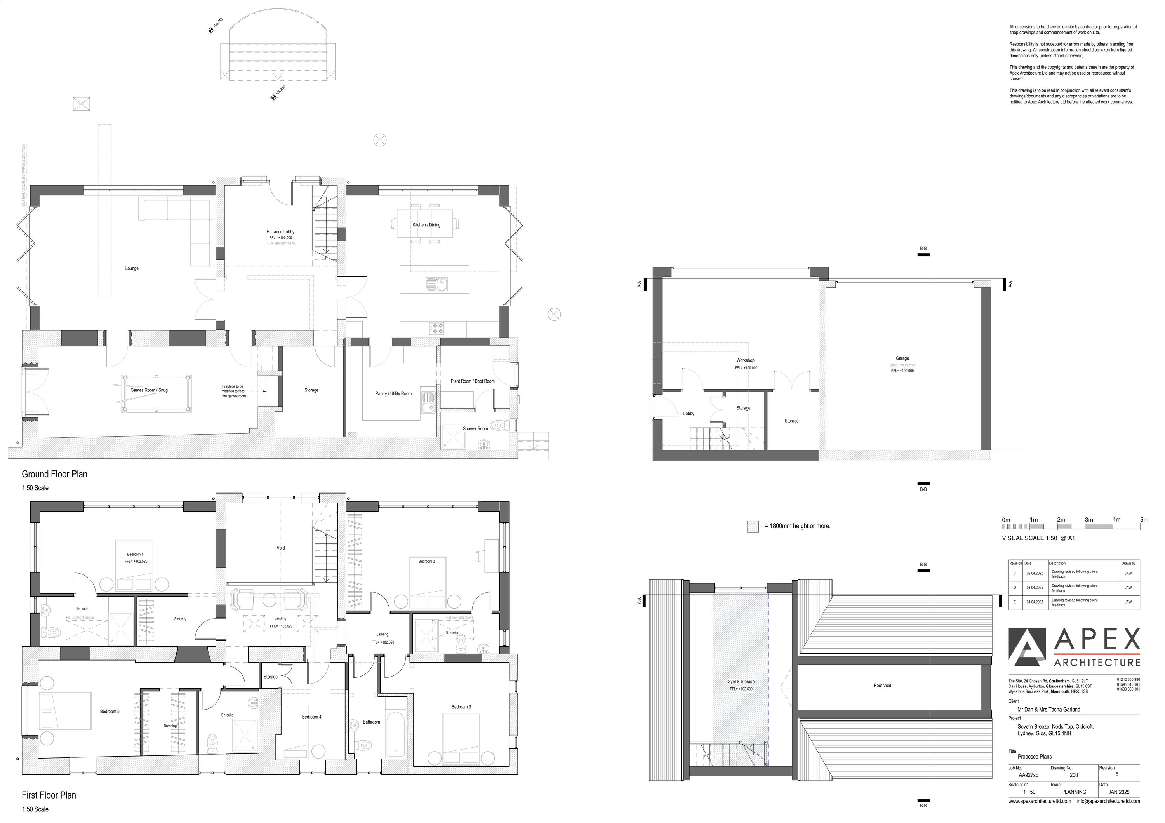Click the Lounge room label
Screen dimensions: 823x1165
click(132, 268)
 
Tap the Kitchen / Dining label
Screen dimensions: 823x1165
click(426, 225)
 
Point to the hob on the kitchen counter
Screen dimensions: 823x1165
click(437, 328)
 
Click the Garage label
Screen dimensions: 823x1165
click(902, 358)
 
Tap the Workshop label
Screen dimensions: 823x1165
click(745, 360)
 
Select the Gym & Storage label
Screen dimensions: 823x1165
click(741, 682)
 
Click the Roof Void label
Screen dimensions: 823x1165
click(882, 686)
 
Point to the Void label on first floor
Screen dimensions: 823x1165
click(281, 548)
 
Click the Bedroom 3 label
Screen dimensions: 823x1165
click(461, 707)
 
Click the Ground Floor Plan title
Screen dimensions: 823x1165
click(54, 474)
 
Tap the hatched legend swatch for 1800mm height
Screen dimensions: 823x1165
click(753, 527)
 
